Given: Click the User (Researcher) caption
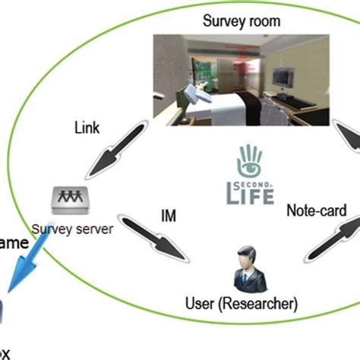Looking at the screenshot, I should click(x=242, y=305).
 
